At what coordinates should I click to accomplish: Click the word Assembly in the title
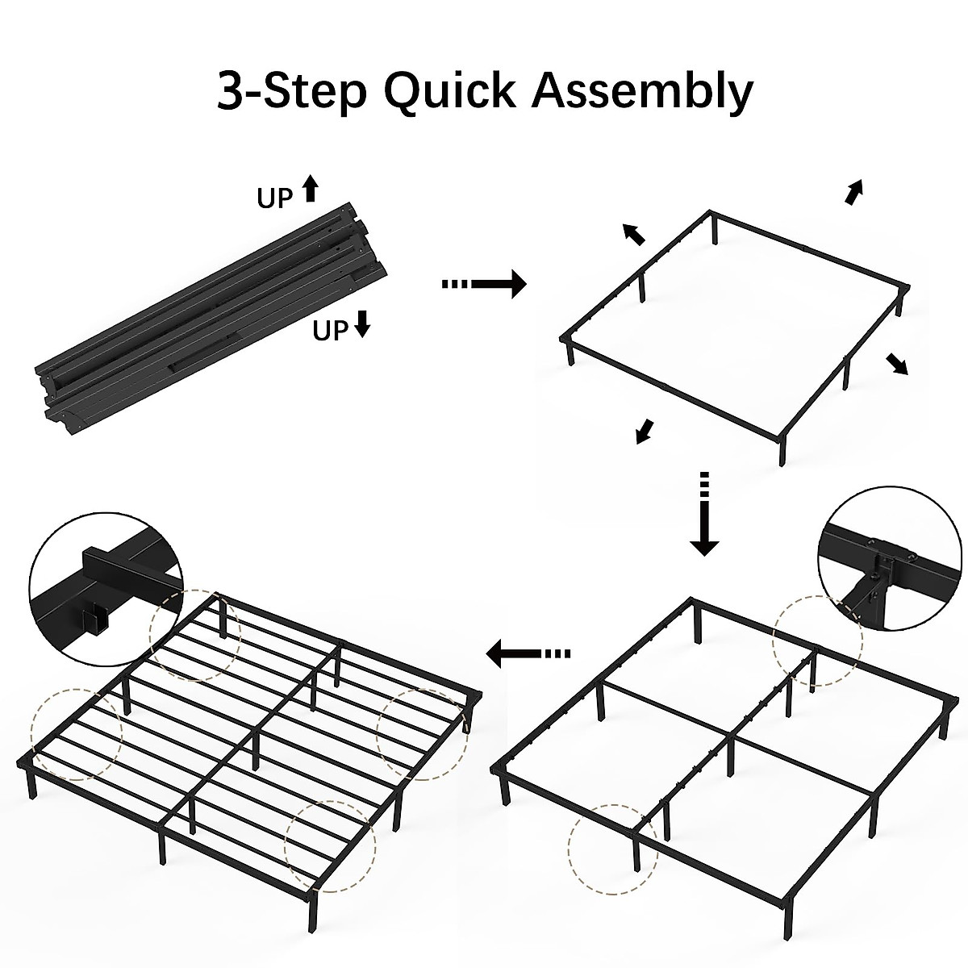click(642, 90)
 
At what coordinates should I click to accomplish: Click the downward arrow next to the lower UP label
click(362, 324)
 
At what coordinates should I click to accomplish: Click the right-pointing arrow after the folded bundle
click(484, 284)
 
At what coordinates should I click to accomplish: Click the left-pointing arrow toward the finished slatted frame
click(529, 653)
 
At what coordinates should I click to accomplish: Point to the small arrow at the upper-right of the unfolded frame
click(853, 192)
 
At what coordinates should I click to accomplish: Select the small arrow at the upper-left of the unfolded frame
click(634, 233)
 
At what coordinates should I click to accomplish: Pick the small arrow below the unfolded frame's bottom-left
click(644, 432)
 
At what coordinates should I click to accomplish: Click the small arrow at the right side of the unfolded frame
click(896, 364)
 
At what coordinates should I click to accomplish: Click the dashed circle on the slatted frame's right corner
click(422, 734)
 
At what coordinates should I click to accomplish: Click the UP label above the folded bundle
click(274, 198)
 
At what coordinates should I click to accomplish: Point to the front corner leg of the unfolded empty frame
click(782, 449)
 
